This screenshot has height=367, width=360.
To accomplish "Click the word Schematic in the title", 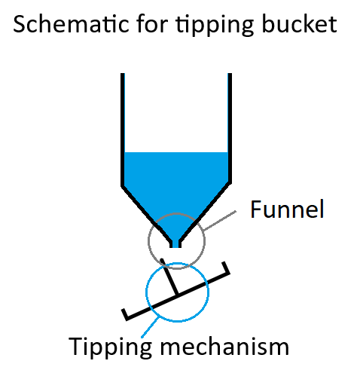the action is click(71, 24).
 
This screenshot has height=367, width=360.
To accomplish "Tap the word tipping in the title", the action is click(215, 26).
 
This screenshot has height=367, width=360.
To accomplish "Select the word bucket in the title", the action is click(299, 24).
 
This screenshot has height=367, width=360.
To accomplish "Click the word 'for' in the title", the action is click(152, 24).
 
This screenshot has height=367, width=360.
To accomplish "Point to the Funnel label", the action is click(287, 209).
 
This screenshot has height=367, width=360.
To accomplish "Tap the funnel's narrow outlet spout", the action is click(175, 243).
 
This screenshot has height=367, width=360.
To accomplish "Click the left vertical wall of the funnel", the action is click(123, 130).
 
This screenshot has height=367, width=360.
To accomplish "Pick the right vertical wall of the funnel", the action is click(230, 128).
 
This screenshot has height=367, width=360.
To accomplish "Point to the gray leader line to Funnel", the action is click(220, 221).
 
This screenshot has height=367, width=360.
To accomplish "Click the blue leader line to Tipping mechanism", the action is click(150, 328).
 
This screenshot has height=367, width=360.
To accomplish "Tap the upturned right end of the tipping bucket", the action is click(225, 268).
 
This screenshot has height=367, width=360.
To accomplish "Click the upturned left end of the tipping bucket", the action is click(125, 314).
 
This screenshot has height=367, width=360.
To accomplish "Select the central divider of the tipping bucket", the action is click(169, 277).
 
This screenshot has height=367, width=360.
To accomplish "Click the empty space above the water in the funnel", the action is click(176, 113).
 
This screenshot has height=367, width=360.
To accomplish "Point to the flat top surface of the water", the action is click(176, 152).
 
